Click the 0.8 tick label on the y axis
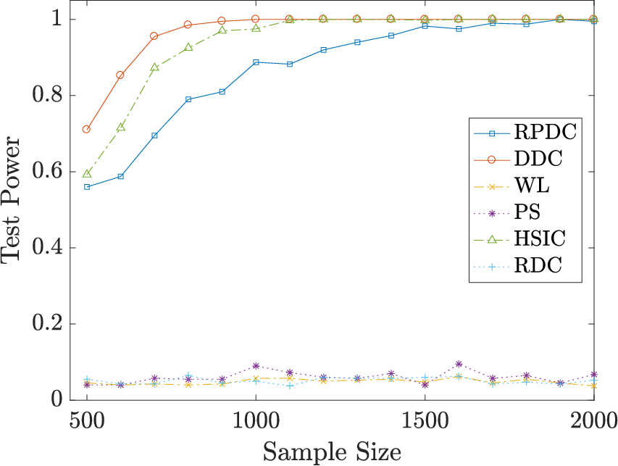[47, 95]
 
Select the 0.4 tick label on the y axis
[47, 248]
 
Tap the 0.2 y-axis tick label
[47, 324]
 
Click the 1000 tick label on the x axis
[256, 421]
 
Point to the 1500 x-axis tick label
[425, 421]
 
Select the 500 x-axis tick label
[87, 421]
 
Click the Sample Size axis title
[332, 452]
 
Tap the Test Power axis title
[10, 199]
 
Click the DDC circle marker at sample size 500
[86, 129]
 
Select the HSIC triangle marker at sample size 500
[87, 173]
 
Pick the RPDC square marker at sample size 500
[87, 187]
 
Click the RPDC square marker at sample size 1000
[256, 62]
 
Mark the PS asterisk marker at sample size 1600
[459, 364]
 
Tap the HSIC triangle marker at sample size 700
[154, 67]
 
